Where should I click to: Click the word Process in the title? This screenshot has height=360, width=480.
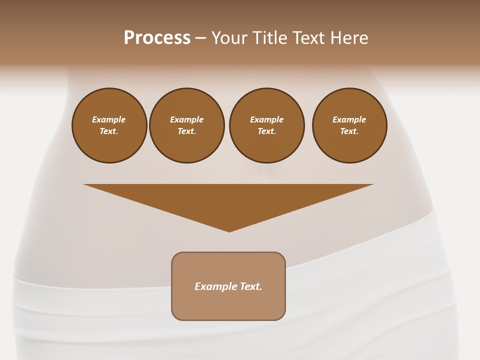(x=157, y=38)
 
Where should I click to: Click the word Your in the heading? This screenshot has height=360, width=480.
(x=230, y=38)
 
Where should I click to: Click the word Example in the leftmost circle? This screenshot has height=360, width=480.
(x=109, y=119)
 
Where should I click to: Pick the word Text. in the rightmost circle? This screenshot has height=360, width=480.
(x=349, y=131)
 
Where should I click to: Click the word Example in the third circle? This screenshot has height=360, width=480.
(x=266, y=119)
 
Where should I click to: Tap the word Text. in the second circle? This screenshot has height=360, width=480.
(x=187, y=131)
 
